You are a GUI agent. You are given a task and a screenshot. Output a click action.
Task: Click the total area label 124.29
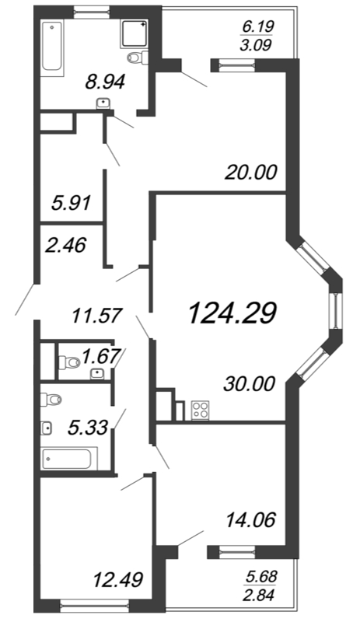click(232, 313)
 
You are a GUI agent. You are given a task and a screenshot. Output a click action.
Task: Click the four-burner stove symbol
click(199, 409)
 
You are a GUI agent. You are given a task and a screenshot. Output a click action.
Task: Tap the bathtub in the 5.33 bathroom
click(68, 459)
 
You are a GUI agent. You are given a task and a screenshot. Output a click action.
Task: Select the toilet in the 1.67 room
click(70, 362)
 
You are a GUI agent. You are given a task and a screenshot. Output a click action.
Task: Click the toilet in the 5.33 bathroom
click(53, 400)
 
